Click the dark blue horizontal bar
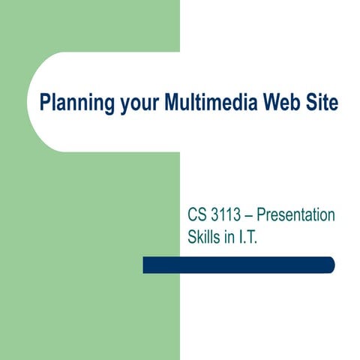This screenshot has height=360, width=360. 238,265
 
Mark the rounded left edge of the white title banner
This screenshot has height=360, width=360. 31,101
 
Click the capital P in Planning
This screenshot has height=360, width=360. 44,101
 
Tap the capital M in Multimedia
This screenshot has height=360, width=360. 166,101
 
